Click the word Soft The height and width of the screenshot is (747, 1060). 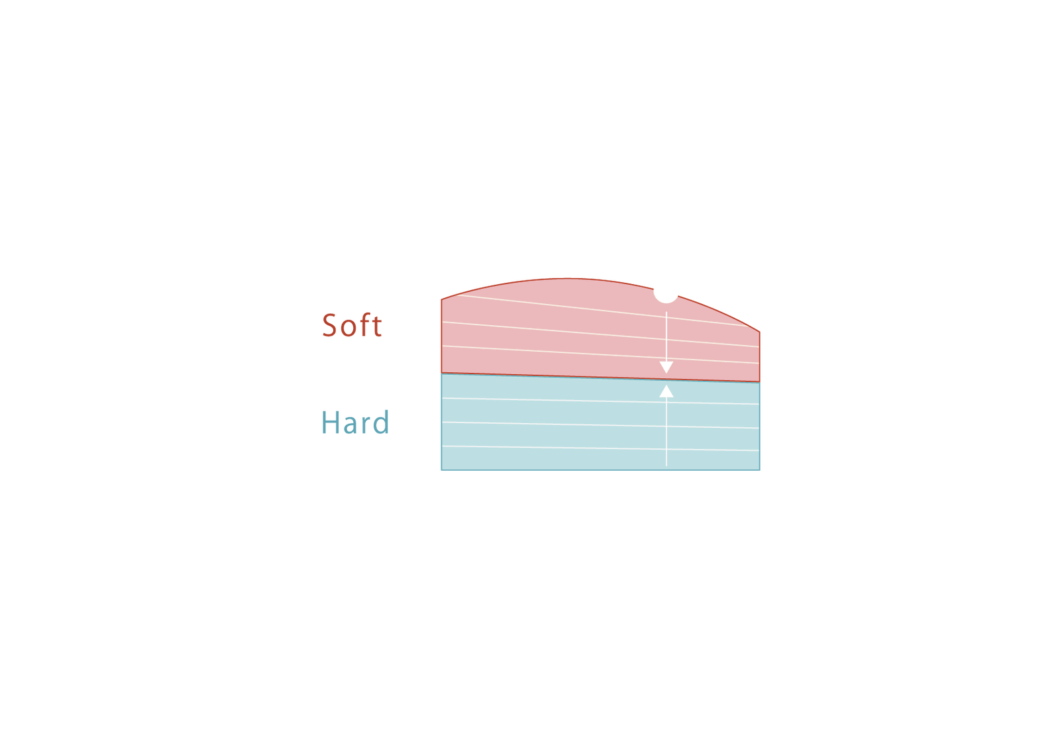(x=352, y=325)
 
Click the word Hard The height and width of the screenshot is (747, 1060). (x=355, y=422)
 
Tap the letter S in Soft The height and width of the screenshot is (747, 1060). (x=329, y=325)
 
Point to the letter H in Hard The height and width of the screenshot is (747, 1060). (x=331, y=422)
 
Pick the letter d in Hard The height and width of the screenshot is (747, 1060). (x=381, y=422)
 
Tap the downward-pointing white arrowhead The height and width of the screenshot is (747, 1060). (x=666, y=368)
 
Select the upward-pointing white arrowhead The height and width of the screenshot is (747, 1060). (x=666, y=391)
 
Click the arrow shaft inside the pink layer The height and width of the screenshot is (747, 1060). (x=666, y=337)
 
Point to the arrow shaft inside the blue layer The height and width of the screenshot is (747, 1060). (x=666, y=432)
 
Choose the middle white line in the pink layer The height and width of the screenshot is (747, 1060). (x=600, y=334)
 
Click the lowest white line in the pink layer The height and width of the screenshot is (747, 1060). (x=600, y=355)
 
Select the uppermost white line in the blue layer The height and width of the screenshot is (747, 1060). (x=600, y=401)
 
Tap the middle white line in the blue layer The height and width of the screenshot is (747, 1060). (x=600, y=425)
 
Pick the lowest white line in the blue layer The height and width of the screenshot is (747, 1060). (x=600, y=448)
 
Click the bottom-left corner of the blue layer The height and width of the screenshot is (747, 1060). (x=441, y=470)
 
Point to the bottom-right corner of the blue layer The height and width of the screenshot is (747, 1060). (x=759, y=470)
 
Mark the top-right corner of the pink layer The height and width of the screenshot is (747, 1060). (x=759, y=332)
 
